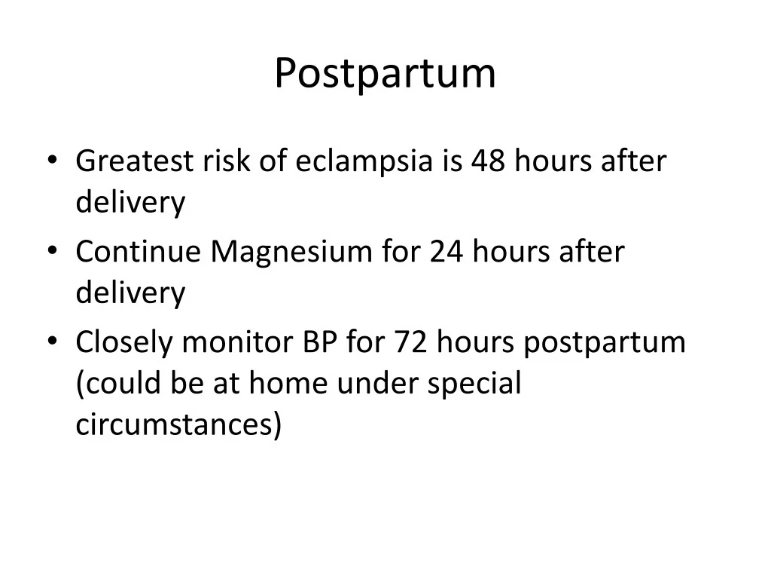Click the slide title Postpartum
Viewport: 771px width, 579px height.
pyautogui.click(x=385, y=74)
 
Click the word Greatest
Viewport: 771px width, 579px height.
pyautogui.click(x=124, y=161)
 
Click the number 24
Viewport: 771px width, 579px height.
pyautogui.click(x=448, y=252)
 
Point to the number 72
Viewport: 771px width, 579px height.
pyautogui.click(x=410, y=343)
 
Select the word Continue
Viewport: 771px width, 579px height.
pyautogui.click(x=138, y=252)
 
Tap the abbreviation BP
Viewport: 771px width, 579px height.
pyautogui.click(x=321, y=343)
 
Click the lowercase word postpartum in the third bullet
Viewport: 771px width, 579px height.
pyautogui.click(x=604, y=343)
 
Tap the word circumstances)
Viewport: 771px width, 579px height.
pyautogui.click(x=179, y=424)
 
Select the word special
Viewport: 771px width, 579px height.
pyautogui.click(x=474, y=384)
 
